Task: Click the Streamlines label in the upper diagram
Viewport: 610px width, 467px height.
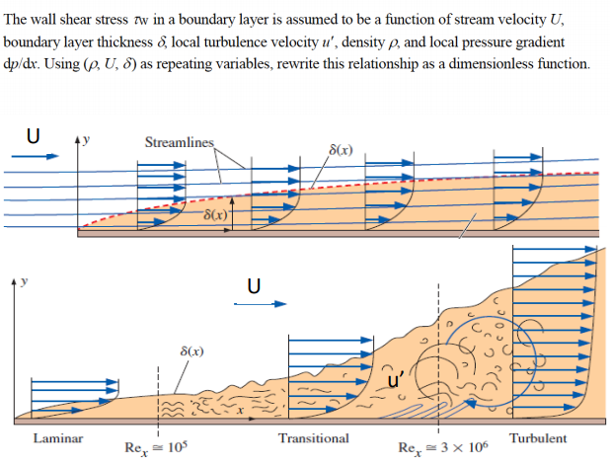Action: click(x=179, y=142)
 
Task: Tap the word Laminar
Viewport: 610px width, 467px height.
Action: click(x=58, y=437)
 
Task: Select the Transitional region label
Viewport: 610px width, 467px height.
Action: click(x=313, y=437)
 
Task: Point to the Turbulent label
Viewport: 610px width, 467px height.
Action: click(x=538, y=437)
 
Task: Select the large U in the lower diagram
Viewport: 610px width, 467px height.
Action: click(x=254, y=285)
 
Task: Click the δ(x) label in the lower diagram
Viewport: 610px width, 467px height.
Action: click(x=192, y=351)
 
